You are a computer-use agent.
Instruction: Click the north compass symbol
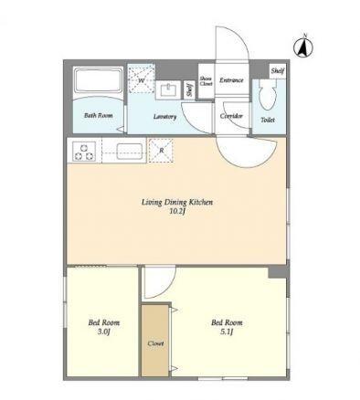click(x=303, y=47)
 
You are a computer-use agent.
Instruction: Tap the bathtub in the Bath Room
click(x=99, y=79)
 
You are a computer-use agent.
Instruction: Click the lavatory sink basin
click(x=168, y=90)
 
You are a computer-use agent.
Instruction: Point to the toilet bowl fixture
click(x=268, y=94)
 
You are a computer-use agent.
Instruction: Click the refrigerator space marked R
click(x=161, y=151)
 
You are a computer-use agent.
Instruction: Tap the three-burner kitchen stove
click(x=84, y=152)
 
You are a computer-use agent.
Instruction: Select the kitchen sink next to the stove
click(x=130, y=152)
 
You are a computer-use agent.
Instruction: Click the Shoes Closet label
click(x=206, y=80)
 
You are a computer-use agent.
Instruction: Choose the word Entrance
click(x=231, y=80)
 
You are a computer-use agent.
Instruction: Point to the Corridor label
click(x=231, y=116)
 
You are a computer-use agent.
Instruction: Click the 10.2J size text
click(x=177, y=211)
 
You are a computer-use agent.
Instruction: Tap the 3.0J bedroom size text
click(x=103, y=332)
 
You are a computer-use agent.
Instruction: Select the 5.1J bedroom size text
click(x=227, y=332)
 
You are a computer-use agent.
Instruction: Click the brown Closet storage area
click(x=155, y=341)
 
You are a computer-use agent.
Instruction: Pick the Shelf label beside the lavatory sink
click(x=190, y=89)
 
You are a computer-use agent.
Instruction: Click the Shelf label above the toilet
click(x=278, y=71)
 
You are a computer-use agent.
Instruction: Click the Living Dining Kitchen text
click(x=177, y=203)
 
